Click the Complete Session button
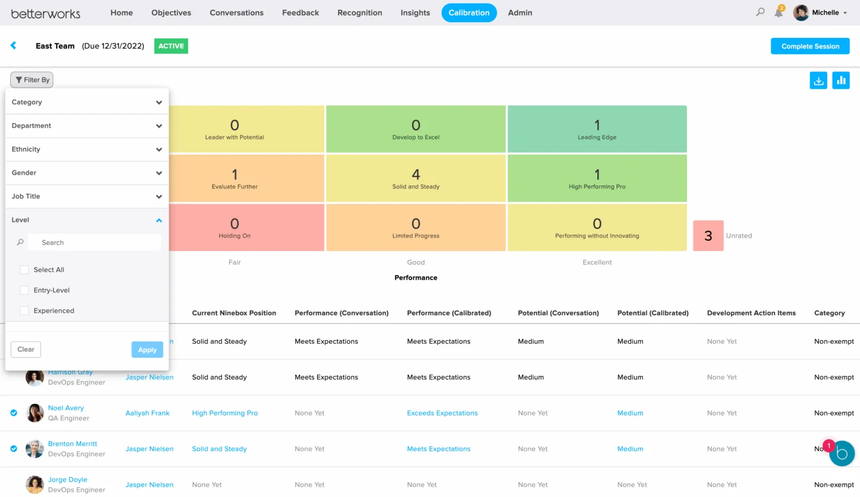[x=810, y=47]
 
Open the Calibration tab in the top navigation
[x=468, y=13]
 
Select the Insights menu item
[x=415, y=13]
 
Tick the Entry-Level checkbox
[x=24, y=290]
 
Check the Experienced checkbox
[x=24, y=311]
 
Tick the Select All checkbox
[x=24, y=270]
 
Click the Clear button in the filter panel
[x=26, y=349]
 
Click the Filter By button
[x=32, y=80]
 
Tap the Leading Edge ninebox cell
[x=597, y=129]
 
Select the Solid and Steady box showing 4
[x=415, y=178]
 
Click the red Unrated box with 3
[x=708, y=235]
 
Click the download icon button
[x=818, y=81]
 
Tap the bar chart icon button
[x=841, y=81]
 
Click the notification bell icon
[x=778, y=13]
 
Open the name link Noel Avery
[x=66, y=408]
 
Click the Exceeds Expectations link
[x=442, y=413]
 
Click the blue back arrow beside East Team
[x=13, y=45]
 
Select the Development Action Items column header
[x=751, y=313]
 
